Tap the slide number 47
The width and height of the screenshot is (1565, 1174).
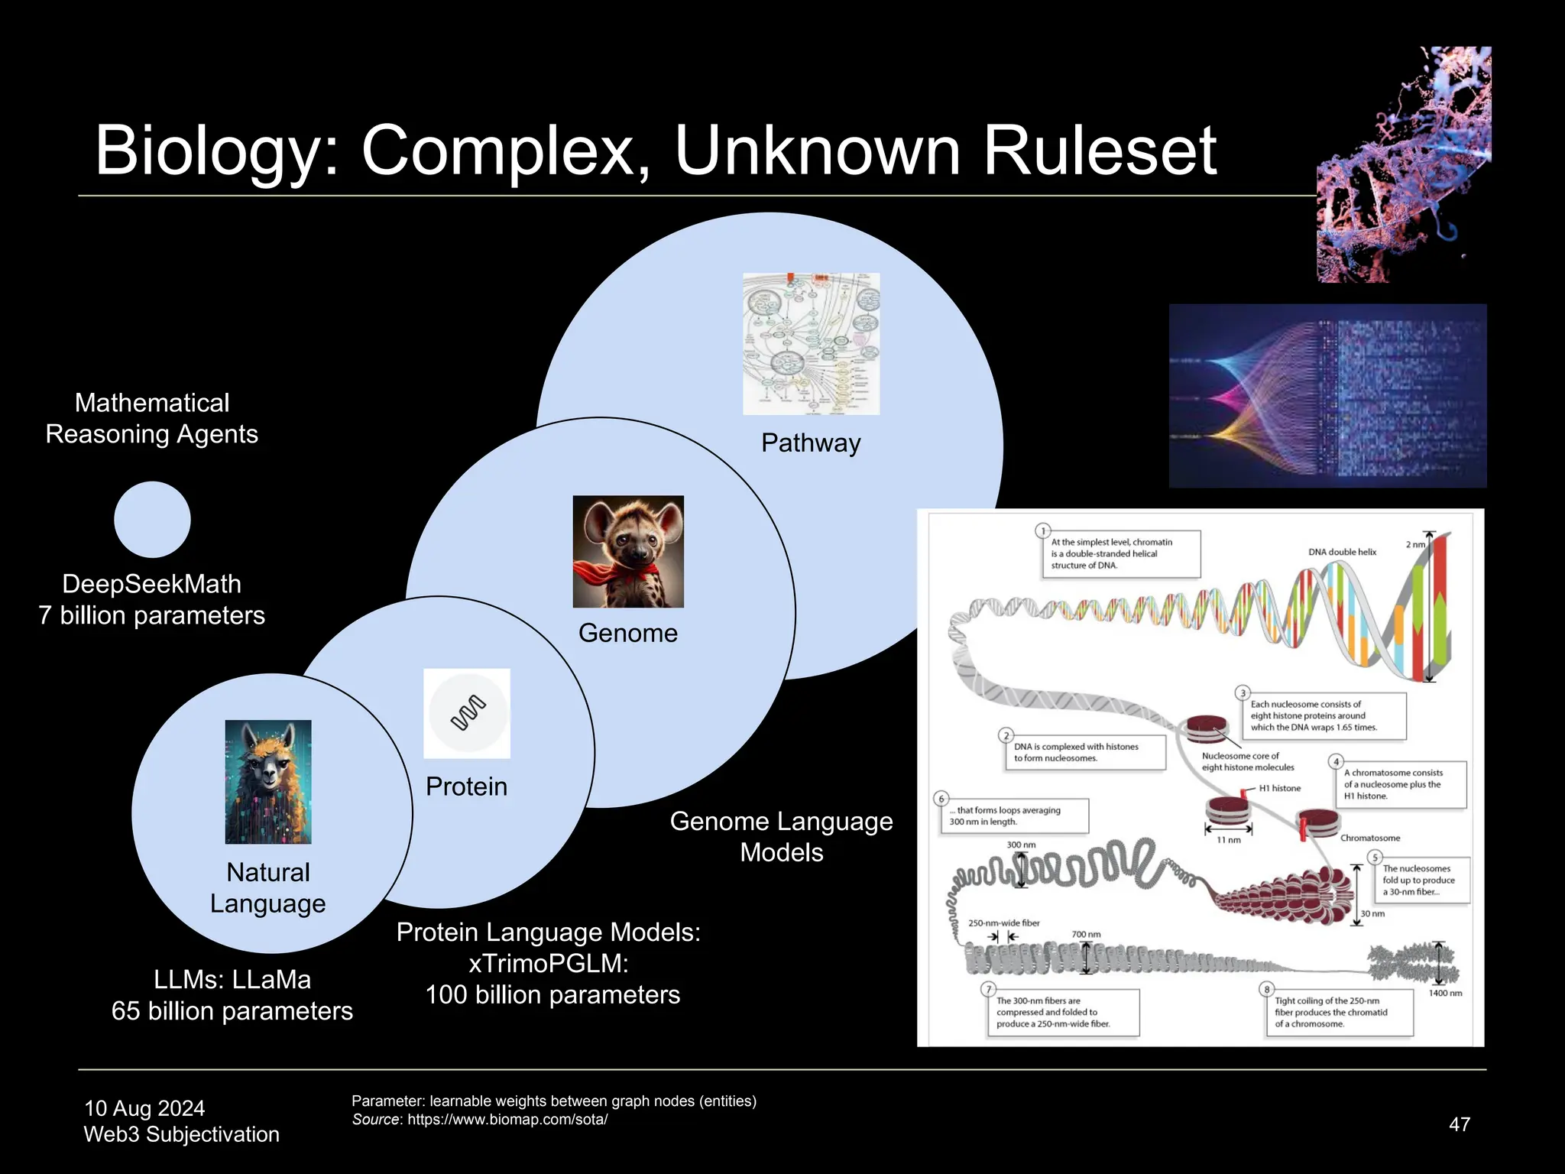click(1459, 1124)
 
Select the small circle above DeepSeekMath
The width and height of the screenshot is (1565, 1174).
click(152, 520)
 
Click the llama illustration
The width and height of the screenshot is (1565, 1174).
click(268, 781)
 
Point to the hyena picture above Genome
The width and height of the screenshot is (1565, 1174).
click(628, 552)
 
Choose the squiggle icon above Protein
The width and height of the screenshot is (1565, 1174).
click(467, 713)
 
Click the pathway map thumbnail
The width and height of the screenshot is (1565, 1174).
click(811, 344)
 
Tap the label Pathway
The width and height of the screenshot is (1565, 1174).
click(811, 443)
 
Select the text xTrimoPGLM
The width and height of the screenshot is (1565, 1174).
click(548, 964)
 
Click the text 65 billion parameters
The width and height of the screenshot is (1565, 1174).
click(232, 1011)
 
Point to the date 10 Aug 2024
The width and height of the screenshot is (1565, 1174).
click(144, 1108)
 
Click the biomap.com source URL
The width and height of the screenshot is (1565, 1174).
click(507, 1120)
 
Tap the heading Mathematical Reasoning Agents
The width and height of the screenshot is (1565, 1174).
click(152, 418)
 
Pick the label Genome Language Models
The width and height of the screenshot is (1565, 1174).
click(781, 836)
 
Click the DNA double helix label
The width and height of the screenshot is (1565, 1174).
click(1342, 552)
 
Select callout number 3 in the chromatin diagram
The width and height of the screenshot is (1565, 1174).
click(1243, 693)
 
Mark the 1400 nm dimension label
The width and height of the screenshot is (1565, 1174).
click(1445, 993)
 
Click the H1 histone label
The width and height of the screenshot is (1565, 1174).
click(1280, 788)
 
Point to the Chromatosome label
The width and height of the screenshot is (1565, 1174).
click(1370, 838)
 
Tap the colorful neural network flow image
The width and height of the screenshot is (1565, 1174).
click(1327, 396)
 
